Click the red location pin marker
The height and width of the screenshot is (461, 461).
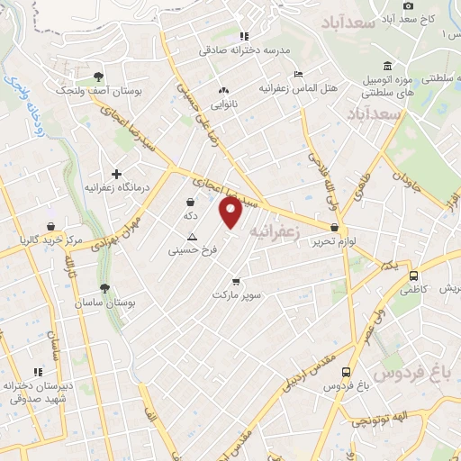231,212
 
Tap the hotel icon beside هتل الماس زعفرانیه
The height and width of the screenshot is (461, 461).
299,75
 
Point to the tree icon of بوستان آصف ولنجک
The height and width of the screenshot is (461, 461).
98,77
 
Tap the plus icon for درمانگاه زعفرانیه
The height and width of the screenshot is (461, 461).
115,173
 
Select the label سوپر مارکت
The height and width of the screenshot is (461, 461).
236,294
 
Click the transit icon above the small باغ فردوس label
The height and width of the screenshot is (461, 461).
346,372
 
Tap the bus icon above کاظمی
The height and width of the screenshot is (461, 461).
413,276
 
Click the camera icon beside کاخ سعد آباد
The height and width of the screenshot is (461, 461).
409,5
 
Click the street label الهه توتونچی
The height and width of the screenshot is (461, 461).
393,416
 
